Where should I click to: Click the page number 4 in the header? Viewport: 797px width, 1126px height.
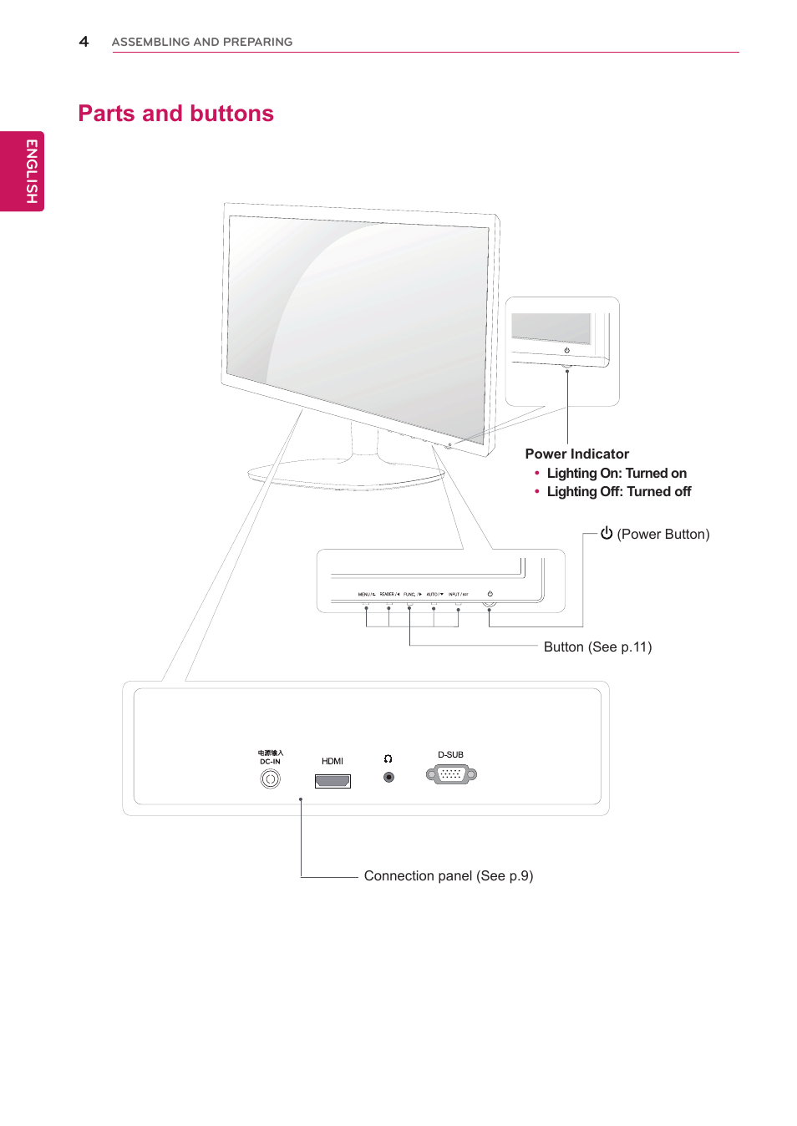[x=84, y=41]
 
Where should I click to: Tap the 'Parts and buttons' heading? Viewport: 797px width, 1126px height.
[x=175, y=114]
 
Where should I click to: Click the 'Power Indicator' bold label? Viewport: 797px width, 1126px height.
[x=576, y=454]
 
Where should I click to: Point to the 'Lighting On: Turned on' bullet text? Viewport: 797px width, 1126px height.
[x=617, y=473]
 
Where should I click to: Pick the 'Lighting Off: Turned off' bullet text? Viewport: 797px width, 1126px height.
[x=618, y=492]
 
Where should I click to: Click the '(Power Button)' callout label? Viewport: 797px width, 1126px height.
[x=662, y=535]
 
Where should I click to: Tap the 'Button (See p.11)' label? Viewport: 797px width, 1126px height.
[x=597, y=647]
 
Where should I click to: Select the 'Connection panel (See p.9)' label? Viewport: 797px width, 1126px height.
[x=448, y=875]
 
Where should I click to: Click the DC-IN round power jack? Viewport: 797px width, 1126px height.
[x=270, y=779]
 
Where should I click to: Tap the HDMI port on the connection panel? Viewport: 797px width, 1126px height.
[x=333, y=781]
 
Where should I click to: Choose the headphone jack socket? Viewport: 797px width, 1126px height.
[x=388, y=777]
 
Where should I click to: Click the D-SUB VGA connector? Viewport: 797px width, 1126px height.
[x=451, y=774]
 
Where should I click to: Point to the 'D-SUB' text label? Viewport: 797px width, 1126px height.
[x=450, y=754]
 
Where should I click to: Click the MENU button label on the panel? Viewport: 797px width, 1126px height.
[x=366, y=595]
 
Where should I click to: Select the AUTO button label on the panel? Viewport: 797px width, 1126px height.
[x=434, y=595]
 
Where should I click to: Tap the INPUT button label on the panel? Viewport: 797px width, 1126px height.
[x=458, y=595]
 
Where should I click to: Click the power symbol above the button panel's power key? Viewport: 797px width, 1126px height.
[x=490, y=594]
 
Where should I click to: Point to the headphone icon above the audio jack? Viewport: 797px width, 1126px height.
[x=388, y=759]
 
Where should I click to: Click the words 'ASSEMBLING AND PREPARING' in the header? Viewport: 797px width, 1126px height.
[x=201, y=42]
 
